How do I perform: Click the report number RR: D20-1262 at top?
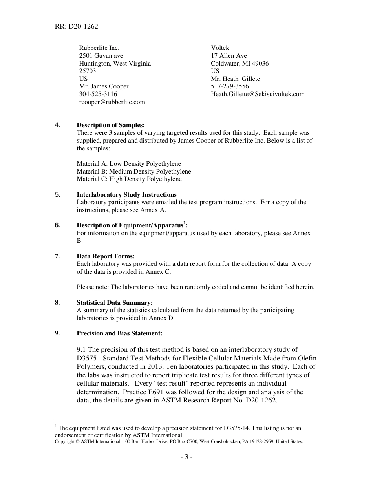(77, 27)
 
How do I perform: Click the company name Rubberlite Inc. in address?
(99, 48)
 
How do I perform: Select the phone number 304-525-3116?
(98, 94)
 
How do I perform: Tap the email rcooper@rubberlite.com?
(112, 102)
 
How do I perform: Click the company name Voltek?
(220, 48)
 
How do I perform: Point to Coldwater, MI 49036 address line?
(240, 64)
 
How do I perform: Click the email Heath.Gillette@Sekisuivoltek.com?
(258, 94)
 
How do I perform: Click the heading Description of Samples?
(111, 125)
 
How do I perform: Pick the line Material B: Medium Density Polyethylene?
(133, 172)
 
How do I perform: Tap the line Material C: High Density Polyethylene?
(129, 179)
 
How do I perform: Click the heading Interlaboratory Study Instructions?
(126, 195)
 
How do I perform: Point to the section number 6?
(57, 225)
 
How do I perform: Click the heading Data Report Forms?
(106, 256)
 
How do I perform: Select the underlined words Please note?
(93, 287)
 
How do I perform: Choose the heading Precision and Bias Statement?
(119, 333)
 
